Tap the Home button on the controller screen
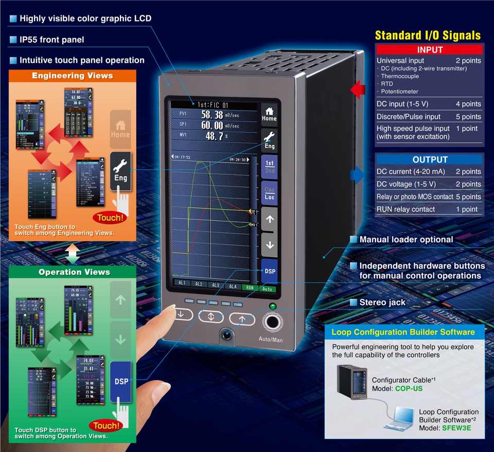point(269,113)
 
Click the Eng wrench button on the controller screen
point(269,140)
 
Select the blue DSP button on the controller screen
point(269,270)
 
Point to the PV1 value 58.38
point(212,115)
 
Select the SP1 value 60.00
point(212,125)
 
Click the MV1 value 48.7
point(214,136)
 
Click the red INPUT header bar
point(430,50)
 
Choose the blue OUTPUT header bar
point(430,159)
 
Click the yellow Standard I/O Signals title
point(428,35)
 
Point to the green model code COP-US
point(409,388)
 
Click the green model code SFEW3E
point(456,428)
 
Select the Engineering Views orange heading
point(72,76)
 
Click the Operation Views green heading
point(74,272)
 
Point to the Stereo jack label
point(383,302)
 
